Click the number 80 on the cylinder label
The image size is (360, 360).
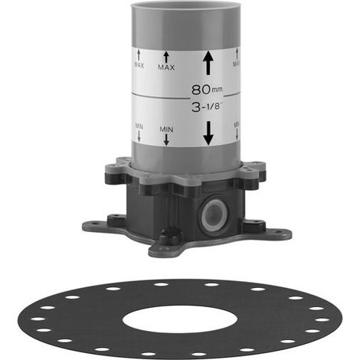click(x=201, y=90)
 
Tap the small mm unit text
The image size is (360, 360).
click(x=217, y=90)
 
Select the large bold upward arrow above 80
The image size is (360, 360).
click(x=208, y=63)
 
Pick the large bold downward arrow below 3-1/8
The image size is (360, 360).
click(x=208, y=133)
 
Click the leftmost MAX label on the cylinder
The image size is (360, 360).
click(x=139, y=65)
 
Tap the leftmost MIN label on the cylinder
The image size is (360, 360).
click(x=139, y=126)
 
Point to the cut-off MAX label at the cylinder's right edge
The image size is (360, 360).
click(x=237, y=64)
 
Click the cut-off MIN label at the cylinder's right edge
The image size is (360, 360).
click(x=237, y=125)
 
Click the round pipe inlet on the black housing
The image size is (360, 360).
click(x=213, y=214)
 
